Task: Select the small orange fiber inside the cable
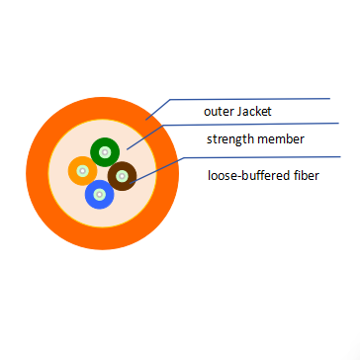(77, 168)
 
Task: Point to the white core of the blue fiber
(98, 194)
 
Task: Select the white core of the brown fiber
(122, 177)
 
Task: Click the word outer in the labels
(218, 111)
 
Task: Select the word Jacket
(252, 111)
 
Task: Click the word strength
(230, 139)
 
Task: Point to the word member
(281, 139)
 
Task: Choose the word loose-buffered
(248, 176)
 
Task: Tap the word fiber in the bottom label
(305, 176)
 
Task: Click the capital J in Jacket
(238, 111)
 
